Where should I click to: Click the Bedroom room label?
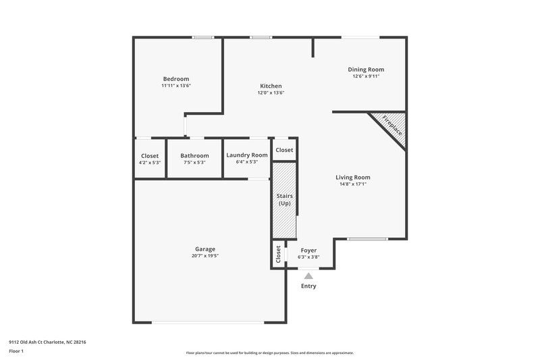coord(175,78)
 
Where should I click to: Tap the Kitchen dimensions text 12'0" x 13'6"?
coord(271,93)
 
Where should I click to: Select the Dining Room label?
coord(367,69)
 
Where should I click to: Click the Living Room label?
coord(353,177)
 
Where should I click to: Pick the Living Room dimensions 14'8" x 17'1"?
coord(353,184)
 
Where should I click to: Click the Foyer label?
coord(308,250)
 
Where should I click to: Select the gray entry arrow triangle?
coord(308,275)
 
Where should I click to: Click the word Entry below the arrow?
coord(308,286)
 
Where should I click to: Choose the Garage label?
coord(205,249)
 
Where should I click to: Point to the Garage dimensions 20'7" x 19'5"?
coord(205,256)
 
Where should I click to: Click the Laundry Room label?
coord(247,155)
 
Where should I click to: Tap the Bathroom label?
coord(194,155)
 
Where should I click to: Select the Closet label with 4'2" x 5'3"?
coord(150,155)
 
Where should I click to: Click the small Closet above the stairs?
coord(284,150)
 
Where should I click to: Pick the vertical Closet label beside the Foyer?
coord(278,255)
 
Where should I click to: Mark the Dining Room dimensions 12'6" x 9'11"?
coord(367,76)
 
